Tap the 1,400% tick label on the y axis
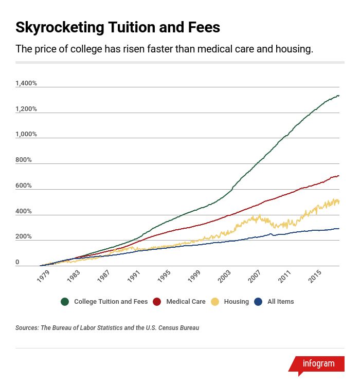click(26, 83)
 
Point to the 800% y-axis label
click(24, 160)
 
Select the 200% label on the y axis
click(24, 237)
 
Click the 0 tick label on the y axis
click(17, 262)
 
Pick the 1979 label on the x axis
click(43, 276)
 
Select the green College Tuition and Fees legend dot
click(65, 302)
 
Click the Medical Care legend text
click(186, 302)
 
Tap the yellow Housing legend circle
click(215, 302)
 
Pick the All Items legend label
click(280, 302)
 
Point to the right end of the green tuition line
click(338, 96)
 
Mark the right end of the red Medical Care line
click(338, 176)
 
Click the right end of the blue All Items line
click(338, 228)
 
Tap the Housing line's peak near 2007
click(260, 216)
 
